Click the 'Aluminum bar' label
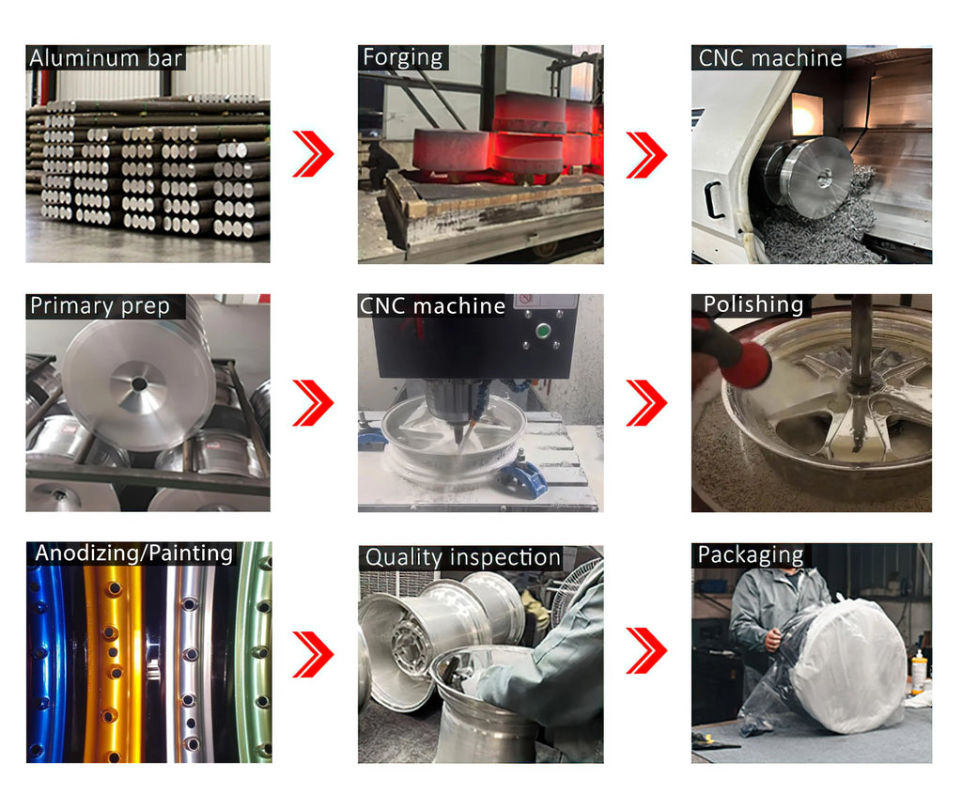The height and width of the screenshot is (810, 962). coord(105,58)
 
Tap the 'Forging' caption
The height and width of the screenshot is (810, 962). coord(402,57)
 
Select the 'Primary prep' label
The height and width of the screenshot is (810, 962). coord(100,306)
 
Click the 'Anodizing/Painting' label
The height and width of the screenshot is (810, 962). coord(133,553)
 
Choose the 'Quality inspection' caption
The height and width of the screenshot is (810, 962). coord(462,558)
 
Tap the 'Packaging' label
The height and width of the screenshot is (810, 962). coord(751,555)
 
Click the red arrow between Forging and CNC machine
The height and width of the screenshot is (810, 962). coord(646,154)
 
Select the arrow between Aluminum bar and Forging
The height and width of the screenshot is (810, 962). coord(313,153)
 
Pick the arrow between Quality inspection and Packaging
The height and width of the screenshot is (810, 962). coord(646,650)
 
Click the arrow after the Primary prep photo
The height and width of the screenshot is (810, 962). coord(313,402)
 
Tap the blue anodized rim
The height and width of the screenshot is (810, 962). coord(47,662)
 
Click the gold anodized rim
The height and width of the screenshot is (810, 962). coord(113,662)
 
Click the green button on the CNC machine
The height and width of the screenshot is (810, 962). coord(542,332)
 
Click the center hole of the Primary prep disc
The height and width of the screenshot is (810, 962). coord(139,384)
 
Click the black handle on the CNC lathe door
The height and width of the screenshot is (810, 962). coord(714,199)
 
